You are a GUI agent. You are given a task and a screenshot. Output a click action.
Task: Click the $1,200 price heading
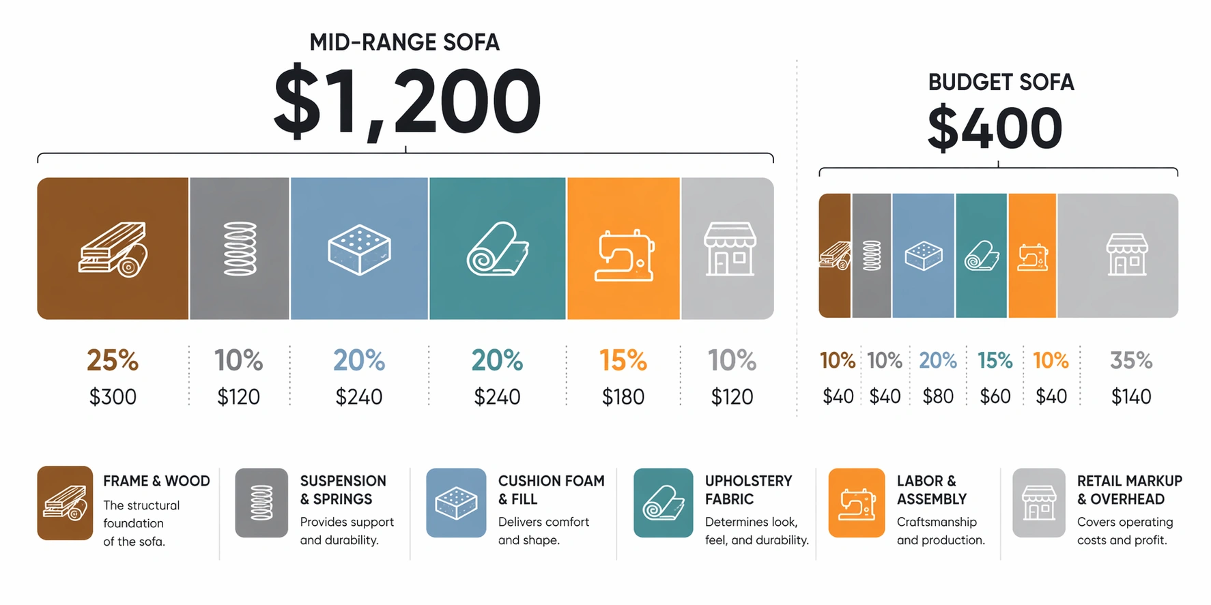407,101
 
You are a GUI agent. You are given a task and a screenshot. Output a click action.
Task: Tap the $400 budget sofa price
995,129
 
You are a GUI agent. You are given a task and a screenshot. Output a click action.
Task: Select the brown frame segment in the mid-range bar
113,248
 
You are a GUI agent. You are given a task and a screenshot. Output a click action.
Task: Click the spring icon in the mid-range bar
240,249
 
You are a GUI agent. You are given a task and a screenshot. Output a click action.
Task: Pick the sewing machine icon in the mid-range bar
624,255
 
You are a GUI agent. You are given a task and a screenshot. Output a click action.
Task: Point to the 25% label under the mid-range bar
113,361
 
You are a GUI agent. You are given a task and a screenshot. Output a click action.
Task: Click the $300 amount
113,397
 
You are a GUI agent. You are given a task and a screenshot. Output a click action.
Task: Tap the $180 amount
623,397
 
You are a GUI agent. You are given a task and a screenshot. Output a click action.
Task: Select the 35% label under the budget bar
1130,361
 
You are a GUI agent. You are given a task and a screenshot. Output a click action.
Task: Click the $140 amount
1130,397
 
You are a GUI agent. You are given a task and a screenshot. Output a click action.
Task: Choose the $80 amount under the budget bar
938,397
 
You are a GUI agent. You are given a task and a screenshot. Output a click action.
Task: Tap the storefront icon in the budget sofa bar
1126,254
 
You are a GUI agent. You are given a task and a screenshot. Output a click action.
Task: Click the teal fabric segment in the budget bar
981,256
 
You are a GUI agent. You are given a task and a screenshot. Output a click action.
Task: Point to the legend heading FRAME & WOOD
156,481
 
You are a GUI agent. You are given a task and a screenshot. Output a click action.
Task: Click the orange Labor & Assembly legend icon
856,503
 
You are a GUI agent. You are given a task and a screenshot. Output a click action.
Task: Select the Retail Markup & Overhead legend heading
1129,490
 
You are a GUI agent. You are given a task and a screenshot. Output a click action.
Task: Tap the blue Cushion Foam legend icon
456,503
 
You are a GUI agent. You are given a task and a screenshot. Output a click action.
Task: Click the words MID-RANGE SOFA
404,42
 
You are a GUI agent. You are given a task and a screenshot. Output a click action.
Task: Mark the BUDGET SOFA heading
1001,83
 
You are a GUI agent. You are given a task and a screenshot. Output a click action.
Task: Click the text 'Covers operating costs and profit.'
1124,531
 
